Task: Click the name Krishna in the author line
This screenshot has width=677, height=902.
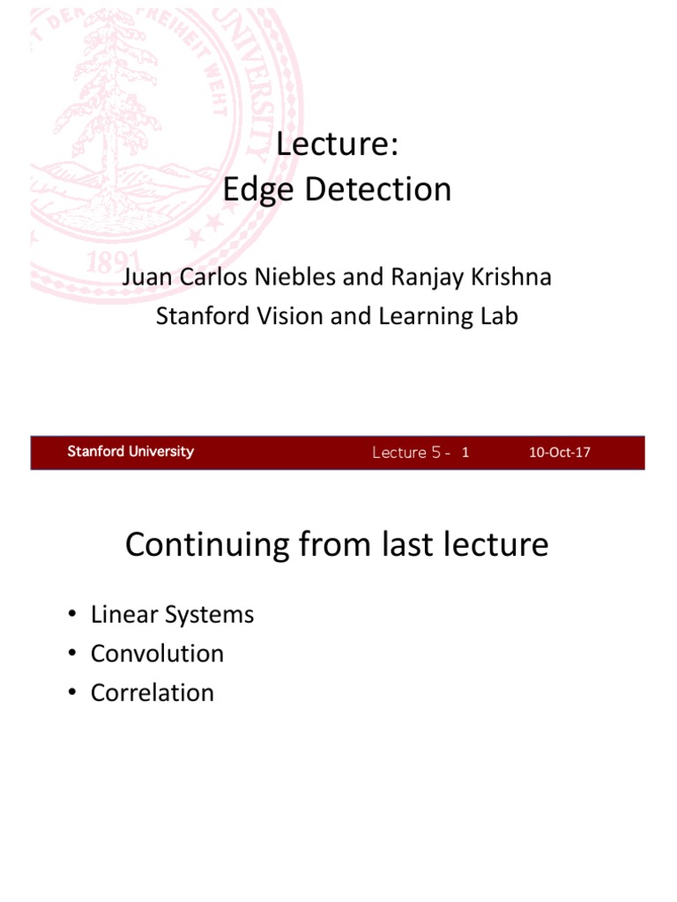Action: coord(512,277)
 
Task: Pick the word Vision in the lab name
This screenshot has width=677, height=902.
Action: coord(292,315)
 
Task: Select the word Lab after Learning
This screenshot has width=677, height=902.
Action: coord(498,315)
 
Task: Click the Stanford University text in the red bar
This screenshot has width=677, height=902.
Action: coord(130,452)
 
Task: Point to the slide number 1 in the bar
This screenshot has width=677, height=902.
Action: coord(465,453)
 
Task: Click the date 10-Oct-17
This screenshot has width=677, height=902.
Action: coord(559,453)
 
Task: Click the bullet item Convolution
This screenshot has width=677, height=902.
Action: coord(157,654)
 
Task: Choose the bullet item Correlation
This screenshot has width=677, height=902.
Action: coord(153,692)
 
